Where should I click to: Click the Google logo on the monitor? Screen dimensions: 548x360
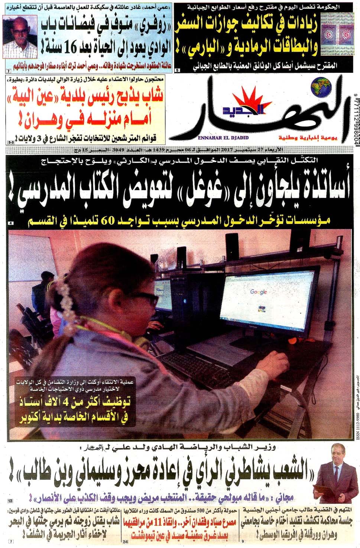click(x=259, y=292)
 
